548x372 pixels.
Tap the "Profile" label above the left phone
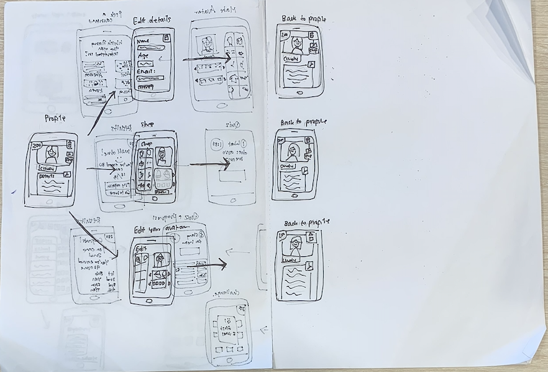(56, 118)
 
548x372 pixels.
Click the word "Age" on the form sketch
(144, 55)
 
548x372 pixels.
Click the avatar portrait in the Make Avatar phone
(206, 44)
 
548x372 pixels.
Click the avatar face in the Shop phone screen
(163, 156)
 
